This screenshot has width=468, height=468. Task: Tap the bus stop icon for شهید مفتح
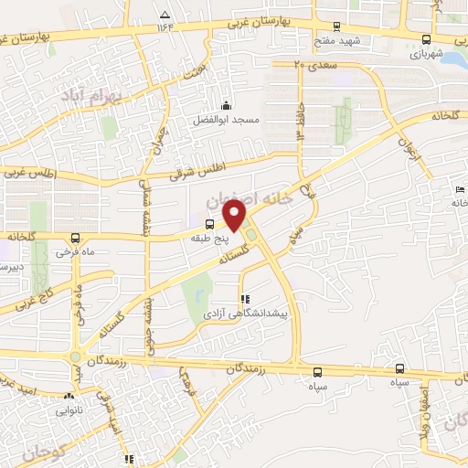pos(337,27)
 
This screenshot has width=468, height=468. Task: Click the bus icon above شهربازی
pos(427,39)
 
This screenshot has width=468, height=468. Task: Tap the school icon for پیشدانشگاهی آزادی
pos(243,299)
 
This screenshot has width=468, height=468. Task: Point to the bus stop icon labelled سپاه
pos(318,372)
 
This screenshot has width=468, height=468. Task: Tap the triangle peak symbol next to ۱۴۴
pos(164,16)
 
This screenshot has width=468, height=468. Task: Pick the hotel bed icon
pos(459,189)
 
